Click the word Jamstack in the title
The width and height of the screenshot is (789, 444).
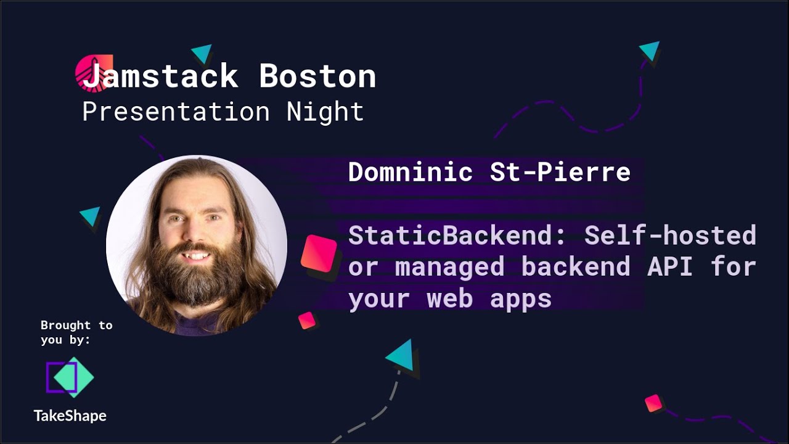(x=160, y=76)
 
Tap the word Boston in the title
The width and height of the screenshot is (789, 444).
(x=317, y=76)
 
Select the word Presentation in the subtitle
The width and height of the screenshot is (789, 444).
(x=176, y=112)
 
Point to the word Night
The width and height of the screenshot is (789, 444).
(x=325, y=112)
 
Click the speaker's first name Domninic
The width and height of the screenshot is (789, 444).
(x=410, y=172)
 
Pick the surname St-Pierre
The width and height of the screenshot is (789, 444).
(x=560, y=172)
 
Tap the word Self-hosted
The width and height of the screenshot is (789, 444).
(x=670, y=236)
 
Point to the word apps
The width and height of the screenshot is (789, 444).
(x=521, y=298)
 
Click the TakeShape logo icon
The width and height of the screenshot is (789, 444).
(x=70, y=377)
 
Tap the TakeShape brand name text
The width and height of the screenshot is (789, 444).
(x=70, y=416)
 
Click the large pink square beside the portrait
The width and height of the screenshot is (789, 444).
(x=319, y=253)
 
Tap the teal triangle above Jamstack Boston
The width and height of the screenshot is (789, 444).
(x=202, y=54)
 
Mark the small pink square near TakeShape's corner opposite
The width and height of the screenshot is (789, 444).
(x=653, y=403)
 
